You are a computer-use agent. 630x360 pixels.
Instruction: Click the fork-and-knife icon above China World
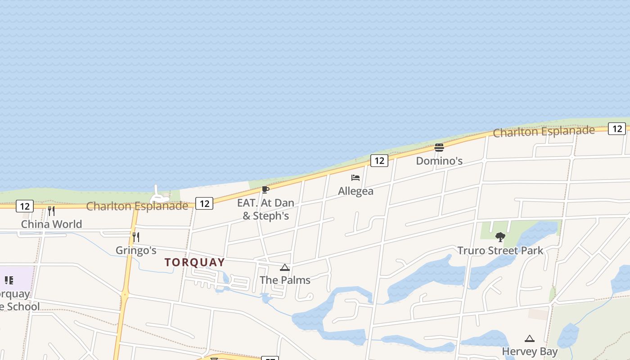(x=51, y=211)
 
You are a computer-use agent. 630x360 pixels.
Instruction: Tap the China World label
(x=51, y=224)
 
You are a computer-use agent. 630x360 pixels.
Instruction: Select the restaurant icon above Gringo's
(x=135, y=237)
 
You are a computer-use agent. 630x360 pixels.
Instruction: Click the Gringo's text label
(x=136, y=250)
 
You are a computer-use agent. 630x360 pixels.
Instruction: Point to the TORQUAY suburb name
(x=194, y=262)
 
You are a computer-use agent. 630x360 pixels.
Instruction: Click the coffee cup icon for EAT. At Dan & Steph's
(x=265, y=189)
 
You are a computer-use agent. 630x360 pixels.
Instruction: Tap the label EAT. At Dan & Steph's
(x=265, y=209)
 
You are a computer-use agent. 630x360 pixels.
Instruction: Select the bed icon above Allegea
(x=355, y=178)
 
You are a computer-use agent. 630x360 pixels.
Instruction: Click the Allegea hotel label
(x=355, y=191)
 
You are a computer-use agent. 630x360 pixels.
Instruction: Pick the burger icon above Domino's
(x=439, y=147)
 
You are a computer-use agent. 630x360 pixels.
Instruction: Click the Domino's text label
(x=439, y=161)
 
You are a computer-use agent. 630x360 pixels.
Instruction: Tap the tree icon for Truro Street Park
(x=500, y=237)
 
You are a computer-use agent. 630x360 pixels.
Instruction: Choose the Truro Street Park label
(x=500, y=251)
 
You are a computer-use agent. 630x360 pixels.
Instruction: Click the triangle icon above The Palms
(x=284, y=268)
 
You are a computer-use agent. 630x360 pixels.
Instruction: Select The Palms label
(x=285, y=280)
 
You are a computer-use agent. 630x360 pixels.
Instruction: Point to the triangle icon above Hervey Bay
(x=530, y=338)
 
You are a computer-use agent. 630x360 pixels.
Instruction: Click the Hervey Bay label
(x=530, y=351)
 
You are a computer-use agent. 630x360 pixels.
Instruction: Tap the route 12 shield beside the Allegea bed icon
(x=379, y=161)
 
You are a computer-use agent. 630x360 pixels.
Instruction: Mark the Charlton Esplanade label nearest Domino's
(x=544, y=131)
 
